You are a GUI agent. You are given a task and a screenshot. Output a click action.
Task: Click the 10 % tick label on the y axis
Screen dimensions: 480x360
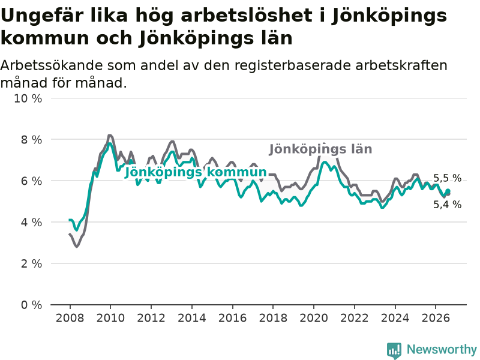(x=28, y=98)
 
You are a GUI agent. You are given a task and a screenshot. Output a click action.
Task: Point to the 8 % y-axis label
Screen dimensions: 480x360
(x=31, y=140)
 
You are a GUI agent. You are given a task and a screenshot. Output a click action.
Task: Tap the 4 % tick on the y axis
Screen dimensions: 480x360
(x=31, y=222)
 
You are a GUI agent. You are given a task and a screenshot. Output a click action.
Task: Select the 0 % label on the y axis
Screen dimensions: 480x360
(x=31, y=305)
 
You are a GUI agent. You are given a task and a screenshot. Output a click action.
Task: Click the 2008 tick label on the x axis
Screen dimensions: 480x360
(x=70, y=318)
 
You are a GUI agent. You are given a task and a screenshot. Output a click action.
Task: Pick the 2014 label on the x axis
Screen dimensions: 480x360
(x=192, y=318)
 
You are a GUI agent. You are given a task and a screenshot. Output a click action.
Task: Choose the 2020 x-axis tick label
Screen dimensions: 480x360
(x=314, y=318)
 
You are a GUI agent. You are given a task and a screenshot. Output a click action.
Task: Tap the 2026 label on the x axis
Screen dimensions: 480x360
(x=436, y=318)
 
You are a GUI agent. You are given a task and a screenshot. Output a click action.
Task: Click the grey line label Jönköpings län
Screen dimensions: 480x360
(x=320, y=149)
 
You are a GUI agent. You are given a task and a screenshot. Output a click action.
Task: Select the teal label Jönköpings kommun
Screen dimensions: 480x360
(x=196, y=172)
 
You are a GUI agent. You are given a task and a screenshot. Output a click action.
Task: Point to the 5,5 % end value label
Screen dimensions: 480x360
(x=447, y=178)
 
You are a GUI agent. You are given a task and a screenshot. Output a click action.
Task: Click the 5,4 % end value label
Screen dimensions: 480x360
(x=447, y=204)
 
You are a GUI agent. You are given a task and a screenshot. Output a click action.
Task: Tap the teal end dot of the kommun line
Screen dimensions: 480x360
(x=448, y=191)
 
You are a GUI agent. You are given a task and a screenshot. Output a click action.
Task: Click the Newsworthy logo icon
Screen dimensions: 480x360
(x=394, y=350)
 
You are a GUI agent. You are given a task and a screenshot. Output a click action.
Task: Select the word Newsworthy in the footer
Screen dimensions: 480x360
(x=442, y=349)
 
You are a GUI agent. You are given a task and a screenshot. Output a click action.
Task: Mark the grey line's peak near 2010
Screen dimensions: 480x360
(x=110, y=136)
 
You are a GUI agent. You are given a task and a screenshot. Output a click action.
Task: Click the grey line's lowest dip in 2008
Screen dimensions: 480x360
(x=76, y=247)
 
